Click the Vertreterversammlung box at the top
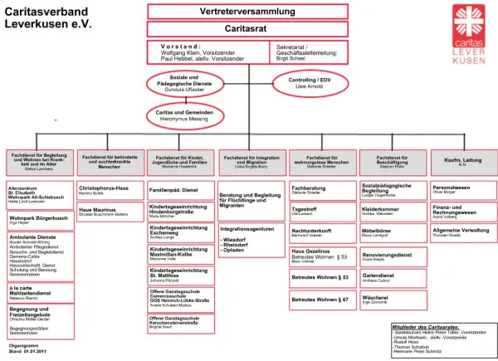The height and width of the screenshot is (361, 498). coord(248,11)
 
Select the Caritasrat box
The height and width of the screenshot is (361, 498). coord(248,28)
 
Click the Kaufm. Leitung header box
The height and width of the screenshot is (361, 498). coord(463,160)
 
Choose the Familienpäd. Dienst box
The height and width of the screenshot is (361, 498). coord(181,190)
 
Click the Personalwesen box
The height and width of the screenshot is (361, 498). coord(463,190)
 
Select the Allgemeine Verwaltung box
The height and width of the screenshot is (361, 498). coord(463,232)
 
